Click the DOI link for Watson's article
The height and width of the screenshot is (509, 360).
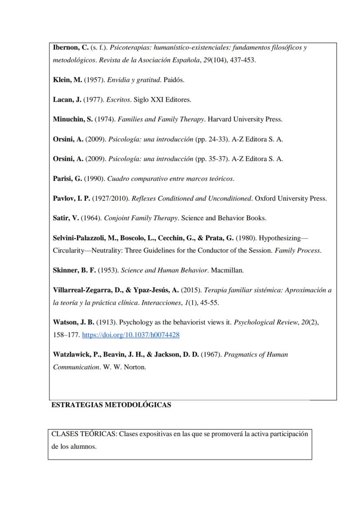(x=130, y=335)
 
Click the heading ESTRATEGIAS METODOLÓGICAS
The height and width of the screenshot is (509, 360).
(x=111, y=405)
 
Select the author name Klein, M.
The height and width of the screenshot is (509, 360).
(x=67, y=80)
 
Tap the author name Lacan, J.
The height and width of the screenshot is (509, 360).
(x=67, y=100)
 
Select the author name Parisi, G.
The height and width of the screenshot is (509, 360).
(x=67, y=178)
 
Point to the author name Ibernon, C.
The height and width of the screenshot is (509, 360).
(x=71, y=47)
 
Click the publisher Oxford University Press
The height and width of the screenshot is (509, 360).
(x=290, y=198)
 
